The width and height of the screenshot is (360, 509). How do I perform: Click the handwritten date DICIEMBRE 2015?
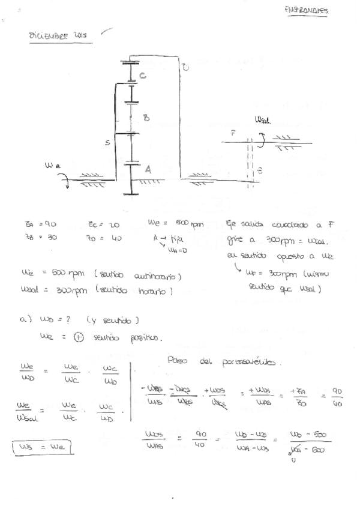(58, 35)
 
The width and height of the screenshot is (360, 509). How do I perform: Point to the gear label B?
(146, 118)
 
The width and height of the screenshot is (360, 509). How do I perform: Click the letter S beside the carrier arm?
(107, 143)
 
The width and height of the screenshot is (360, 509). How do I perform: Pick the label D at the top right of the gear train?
(185, 68)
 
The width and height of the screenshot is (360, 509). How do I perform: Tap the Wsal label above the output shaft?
(262, 121)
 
